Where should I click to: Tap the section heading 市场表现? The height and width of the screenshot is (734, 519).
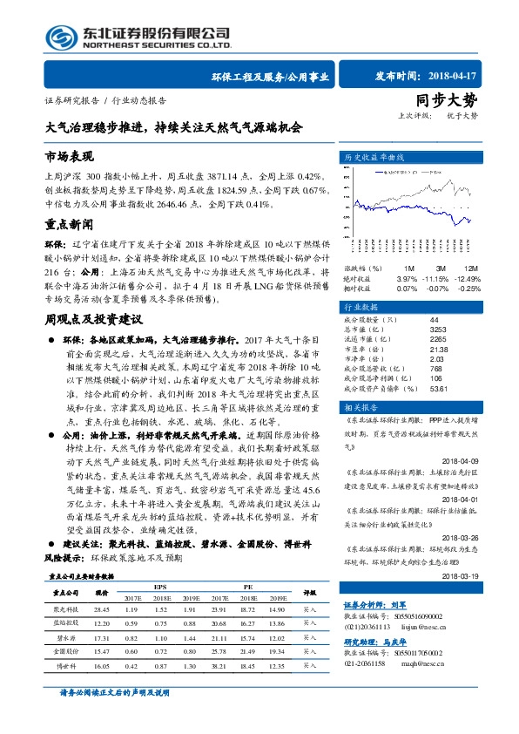coord(69,156)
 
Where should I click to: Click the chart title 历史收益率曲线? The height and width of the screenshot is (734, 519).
coord(375,157)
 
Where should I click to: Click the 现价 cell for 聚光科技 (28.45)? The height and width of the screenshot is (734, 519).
coord(102,609)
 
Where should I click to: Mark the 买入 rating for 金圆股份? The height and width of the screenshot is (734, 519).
coord(310,651)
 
